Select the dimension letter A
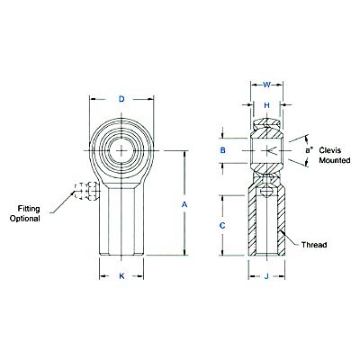click(x=184, y=205)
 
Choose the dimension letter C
click(x=222, y=224)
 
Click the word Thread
click(x=313, y=244)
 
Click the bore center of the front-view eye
click(x=121, y=149)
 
